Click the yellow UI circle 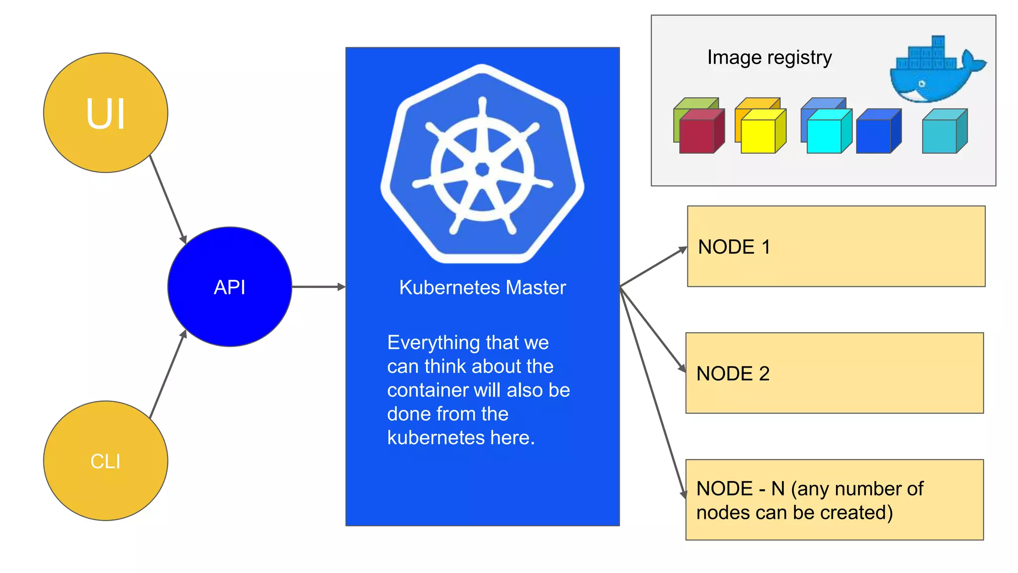[105, 113]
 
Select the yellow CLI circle [105, 461]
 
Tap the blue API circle [230, 287]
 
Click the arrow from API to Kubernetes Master [318, 287]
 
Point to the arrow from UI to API [168, 199]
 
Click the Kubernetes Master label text [482, 287]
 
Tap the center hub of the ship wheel [482, 170]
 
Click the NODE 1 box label [734, 247]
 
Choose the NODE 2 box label [733, 374]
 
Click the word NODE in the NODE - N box [724, 488]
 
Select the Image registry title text [769, 57]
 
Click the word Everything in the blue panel [433, 343]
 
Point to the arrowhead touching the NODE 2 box [682, 369]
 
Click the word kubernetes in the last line [435, 438]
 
